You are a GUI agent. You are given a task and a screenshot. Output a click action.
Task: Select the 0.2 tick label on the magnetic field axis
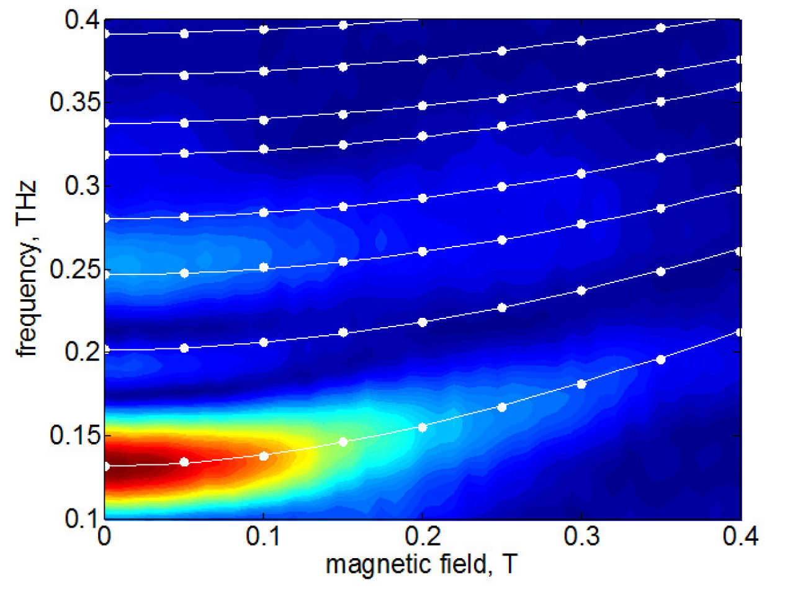click(x=423, y=537)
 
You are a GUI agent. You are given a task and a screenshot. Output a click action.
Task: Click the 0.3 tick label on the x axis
click(x=581, y=537)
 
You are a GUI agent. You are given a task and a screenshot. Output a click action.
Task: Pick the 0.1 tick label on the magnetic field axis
click(x=264, y=537)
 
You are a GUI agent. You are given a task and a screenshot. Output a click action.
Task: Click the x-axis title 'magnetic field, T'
click(x=421, y=565)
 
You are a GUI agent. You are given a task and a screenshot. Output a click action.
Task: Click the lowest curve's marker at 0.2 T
click(x=423, y=427)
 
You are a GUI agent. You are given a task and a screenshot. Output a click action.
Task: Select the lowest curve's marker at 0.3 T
click(x=581, y=384)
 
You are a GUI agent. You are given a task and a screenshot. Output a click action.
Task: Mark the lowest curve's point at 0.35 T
click(x=661, y=359)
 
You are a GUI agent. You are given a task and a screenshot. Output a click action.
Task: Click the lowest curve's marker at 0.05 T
click(x=184, y=462)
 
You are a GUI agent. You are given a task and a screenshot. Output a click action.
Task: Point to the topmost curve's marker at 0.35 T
click(x=661, y=27)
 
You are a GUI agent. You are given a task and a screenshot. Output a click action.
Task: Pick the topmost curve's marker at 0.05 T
click(x=184, y=34)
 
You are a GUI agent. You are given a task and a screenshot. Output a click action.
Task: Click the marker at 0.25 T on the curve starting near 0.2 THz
click(x=502, y=307)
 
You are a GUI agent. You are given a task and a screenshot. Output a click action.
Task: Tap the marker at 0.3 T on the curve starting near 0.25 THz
click(x=581, y=224)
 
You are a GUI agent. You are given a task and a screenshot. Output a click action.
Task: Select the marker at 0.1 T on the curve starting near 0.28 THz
click(x=264, y=212)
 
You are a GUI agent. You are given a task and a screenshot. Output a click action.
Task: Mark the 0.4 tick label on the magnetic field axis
click(x=740, y=537)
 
